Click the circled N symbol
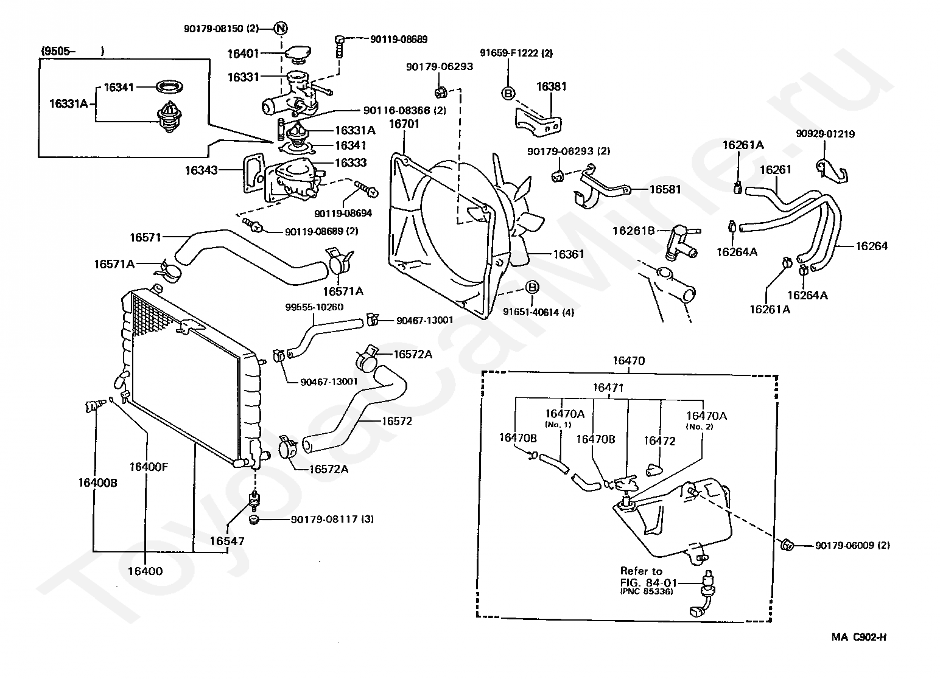281,28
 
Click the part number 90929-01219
825,134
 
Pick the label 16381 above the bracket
551,86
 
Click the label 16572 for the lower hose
397,420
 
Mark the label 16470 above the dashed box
628,361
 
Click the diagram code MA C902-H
859,637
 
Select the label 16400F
148,467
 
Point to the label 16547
227,541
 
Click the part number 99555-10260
314,307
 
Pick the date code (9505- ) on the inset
72,51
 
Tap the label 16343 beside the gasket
202,170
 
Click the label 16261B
633,231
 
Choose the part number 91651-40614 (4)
538,312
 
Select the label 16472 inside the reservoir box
659,440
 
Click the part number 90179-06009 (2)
852,545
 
